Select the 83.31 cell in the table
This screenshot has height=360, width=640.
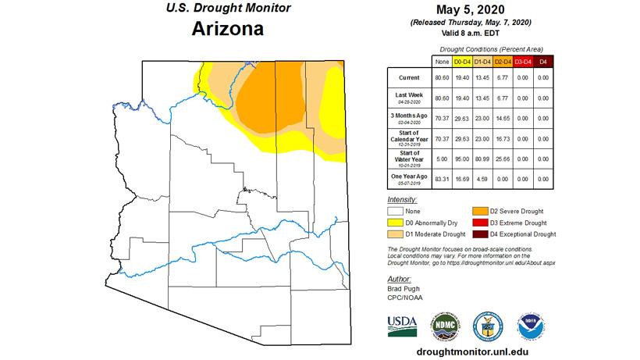tap(441, 178)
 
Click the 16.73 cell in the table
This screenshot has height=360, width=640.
tap(503, 137)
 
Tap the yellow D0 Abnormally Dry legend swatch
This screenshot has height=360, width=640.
tap(398, 222)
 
